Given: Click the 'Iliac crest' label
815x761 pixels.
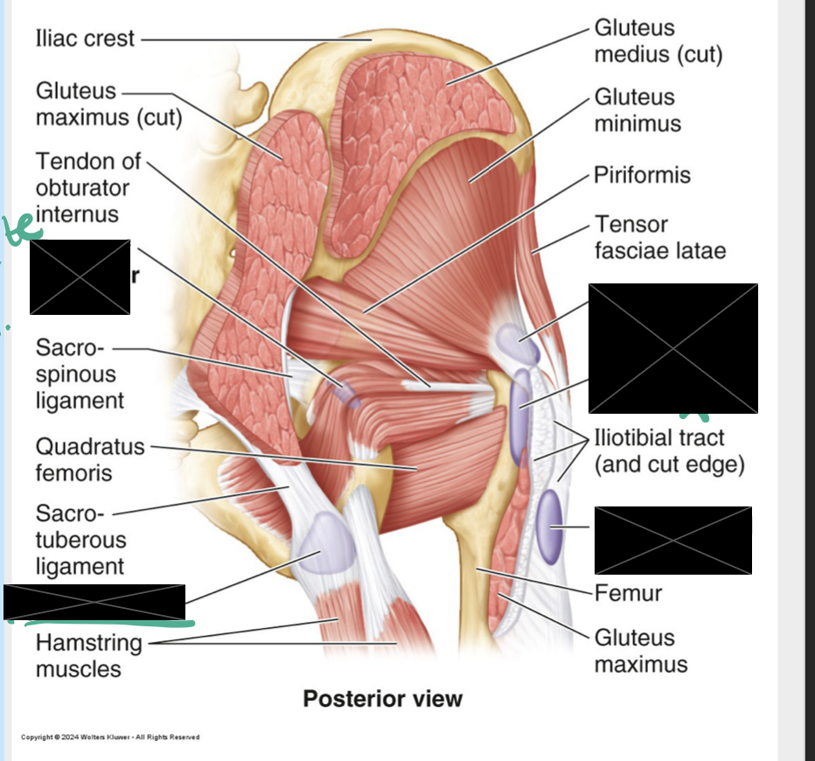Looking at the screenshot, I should click(x=85, y=38).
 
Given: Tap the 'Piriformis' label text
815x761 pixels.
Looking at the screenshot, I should click(x=642, y=175).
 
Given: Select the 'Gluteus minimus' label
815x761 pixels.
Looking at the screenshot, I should click(x=637, y=109).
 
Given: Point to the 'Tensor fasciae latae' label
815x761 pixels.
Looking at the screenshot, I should click(x=659, y=237).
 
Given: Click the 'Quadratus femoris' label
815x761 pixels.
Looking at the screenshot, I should click(x=89, y=459).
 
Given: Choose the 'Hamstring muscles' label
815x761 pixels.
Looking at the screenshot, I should click(x=88, y=656).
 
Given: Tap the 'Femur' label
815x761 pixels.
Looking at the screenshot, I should click(x=628, y=593).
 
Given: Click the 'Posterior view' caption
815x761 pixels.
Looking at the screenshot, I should click(x=382, y=699).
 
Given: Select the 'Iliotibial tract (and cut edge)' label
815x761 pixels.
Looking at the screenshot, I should click(x=669, y=450).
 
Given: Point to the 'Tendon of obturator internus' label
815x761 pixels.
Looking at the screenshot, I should click(x=83, y=187).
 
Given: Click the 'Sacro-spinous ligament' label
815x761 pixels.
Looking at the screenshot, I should click(x=80, y=374).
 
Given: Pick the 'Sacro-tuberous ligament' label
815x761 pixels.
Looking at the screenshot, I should click(x=80, y=539).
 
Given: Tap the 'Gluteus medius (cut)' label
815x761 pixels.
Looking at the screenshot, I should click(x=658, y=41).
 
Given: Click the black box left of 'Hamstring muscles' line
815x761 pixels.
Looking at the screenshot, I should click(x=94, y=603).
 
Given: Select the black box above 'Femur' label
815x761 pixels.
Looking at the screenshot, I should click(x=672, y=540).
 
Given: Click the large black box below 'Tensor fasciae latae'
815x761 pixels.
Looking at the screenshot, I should click(x=672, y=348).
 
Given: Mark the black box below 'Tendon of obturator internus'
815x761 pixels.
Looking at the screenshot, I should click(x=80, y=276).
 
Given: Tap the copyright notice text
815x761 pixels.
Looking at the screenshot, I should click(x=110, y=737).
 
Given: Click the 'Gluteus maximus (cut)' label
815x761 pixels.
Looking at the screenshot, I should click(x=108, y=104).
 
